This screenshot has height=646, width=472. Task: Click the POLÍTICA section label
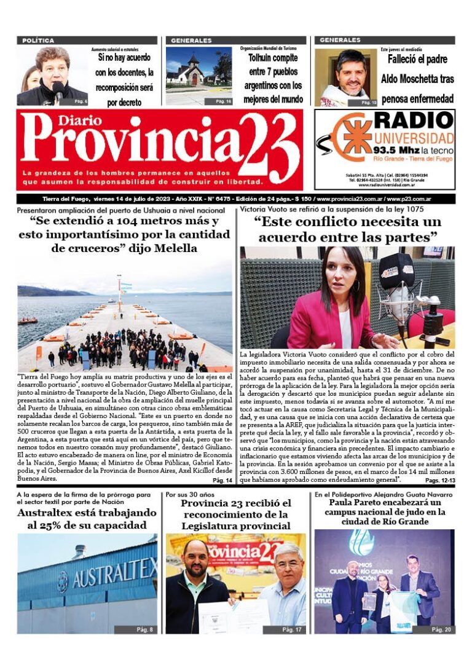(38, 41)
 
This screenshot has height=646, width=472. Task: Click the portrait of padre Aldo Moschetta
(346, 76)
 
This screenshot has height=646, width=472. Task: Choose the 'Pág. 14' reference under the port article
(222, 481)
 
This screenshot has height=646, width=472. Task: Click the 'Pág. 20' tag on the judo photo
(440, 629)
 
